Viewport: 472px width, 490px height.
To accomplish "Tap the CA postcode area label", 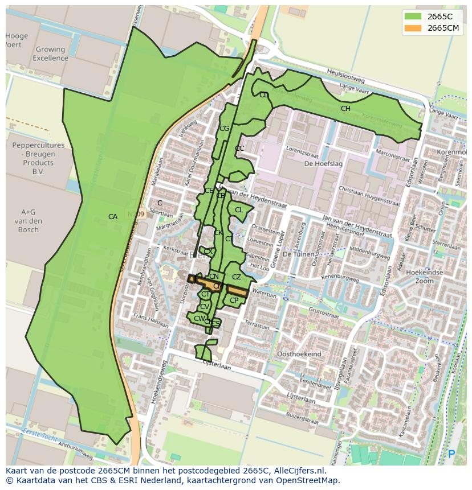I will click(113, 217).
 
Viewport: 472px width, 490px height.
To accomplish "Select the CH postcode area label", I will click(345, 109).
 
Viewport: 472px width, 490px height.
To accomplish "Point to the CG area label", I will click(224, 129).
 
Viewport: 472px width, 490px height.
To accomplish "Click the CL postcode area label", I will click(239, 210).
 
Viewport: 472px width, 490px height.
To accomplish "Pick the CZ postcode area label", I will click(237, 277).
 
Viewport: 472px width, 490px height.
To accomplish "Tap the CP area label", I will click(234, 300).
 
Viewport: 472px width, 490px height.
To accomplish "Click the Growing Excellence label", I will click(50, 53).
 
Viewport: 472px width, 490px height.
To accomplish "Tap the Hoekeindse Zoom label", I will click(425, 277).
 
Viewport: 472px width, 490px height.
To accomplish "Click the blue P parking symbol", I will click(451, 454).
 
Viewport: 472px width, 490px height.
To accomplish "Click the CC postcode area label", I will click(239, 149).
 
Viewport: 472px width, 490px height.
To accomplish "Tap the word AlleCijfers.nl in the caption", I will click(298, 471).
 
